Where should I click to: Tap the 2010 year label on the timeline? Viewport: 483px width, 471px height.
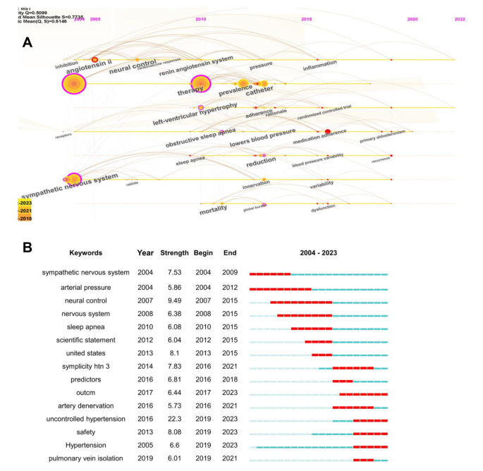[201, 19]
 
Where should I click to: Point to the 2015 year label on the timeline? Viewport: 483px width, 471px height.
[307, 19]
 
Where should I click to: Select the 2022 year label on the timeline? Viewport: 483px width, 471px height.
[460, 19]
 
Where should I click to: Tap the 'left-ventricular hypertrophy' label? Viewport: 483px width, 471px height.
[195, 114]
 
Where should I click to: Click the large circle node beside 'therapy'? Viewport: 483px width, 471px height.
[200, 84]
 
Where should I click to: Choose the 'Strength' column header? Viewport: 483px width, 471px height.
[174, 252]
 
